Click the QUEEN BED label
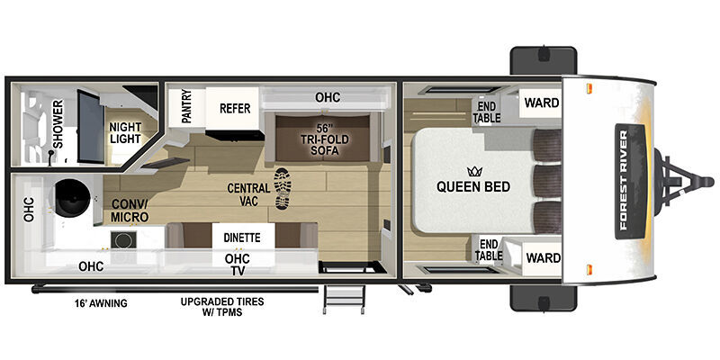click(473, 187)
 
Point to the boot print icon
click(283, 188)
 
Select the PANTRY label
click(186, 106)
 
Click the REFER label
click(235, 108)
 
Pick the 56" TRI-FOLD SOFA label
click(325, 139)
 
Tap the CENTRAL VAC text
click(248, 194)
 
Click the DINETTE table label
click(242, 238)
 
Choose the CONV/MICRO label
click(130, 211)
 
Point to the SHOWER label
click(58, 124)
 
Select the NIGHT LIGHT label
click(125, 132)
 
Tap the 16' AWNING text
click(101, 303)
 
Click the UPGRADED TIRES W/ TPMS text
click(222, 307)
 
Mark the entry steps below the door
click(345, 299)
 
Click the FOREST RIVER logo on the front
click(629, 181)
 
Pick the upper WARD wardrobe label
click(542, 103)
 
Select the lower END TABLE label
click(488, 250)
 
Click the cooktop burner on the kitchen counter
click(122, 239)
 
